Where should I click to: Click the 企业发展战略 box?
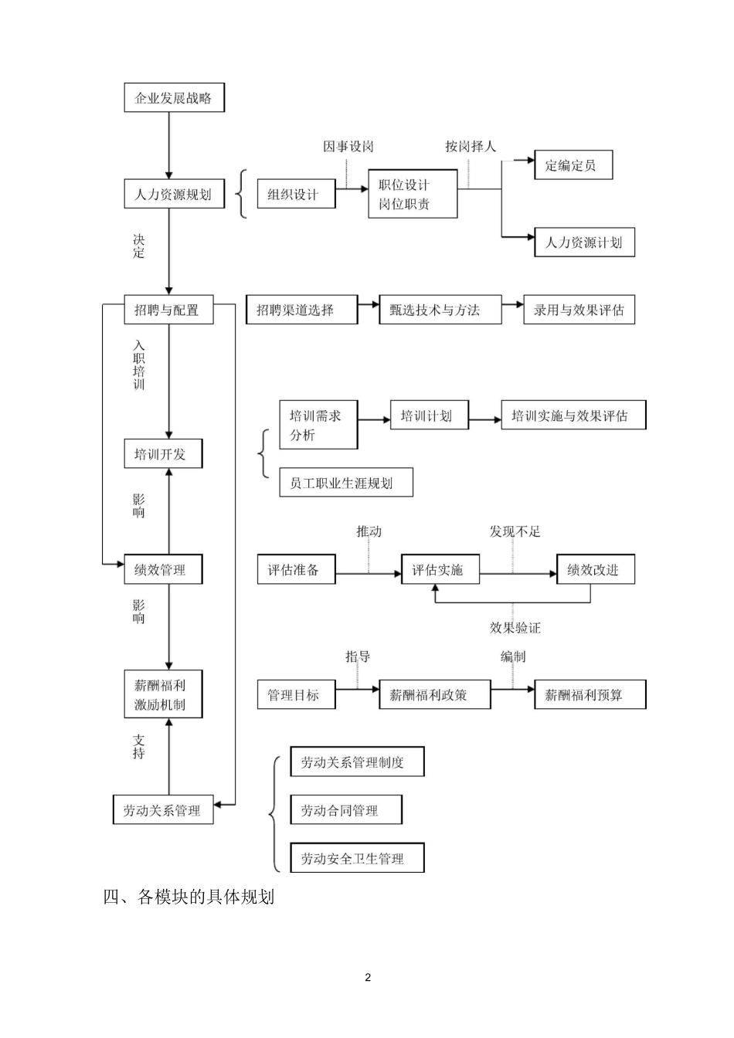[174, 98]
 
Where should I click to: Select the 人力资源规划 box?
[174, 194]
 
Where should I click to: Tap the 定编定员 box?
[573, 165]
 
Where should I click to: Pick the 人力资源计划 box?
[584, 243]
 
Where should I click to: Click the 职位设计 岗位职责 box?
[412, 195]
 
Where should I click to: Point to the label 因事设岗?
[348, 147]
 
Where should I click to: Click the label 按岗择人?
[470, 147]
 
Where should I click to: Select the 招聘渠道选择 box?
[301, 310]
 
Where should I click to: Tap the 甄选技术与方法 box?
[440, 310]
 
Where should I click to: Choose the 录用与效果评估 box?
[579, 310]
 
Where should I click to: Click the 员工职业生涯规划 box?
[345, 483]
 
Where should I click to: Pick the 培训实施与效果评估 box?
[573, 416]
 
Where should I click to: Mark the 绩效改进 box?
[595, 570]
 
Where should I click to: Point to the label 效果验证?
[515, 627]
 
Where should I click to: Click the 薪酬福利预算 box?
[590, 695]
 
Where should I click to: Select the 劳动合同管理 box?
[345, 810]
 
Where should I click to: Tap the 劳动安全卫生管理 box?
[357, 858]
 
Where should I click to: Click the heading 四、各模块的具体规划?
[189, 897]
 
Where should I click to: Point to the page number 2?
[368, 978]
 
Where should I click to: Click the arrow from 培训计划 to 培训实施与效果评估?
[485, 419]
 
